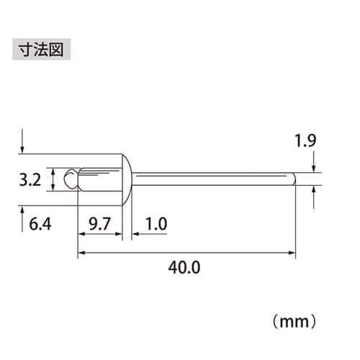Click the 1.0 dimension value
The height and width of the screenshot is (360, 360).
pos(155,225)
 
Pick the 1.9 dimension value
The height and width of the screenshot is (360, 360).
pos(306,141)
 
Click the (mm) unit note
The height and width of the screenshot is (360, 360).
pos(296,317)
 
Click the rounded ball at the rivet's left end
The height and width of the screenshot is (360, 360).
pos(70,179)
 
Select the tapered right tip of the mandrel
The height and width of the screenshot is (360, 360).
pos(293,179)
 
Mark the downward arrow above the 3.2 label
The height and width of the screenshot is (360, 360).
pos(23,143)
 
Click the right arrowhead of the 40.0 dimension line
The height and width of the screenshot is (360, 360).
pos(292,252)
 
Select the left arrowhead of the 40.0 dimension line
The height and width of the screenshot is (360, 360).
pos(81,252)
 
